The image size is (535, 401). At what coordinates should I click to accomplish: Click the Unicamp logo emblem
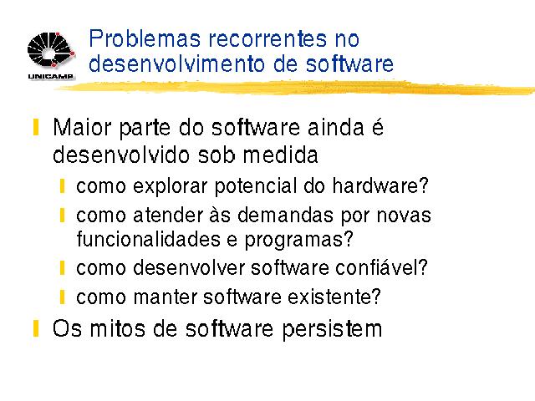click(51, 50)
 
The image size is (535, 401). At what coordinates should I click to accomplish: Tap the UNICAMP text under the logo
click(50, 76)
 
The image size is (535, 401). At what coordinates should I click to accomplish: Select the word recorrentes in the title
click(267, 39)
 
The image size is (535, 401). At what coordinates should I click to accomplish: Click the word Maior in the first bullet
click(82, 128)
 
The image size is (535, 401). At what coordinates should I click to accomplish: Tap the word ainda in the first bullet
click(335, 128)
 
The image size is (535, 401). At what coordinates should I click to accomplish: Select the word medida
click(281, 155)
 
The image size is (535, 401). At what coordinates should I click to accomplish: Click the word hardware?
click(380, 185)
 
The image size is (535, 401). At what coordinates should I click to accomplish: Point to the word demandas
click(285, 216)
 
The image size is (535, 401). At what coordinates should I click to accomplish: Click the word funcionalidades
click(149, 239)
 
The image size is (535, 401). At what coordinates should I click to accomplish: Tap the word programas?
click(299, 240)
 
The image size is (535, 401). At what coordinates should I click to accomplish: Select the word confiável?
click(381, 267)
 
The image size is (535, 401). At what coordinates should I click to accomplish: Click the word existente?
click(334, 297)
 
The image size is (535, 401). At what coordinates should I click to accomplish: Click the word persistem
click(332, 329)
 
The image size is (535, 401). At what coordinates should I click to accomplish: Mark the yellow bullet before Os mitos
click(36, 328)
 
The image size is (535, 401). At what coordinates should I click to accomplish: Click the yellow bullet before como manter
click(62, 297)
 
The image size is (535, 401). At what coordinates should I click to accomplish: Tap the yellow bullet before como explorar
click(62, 185)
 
